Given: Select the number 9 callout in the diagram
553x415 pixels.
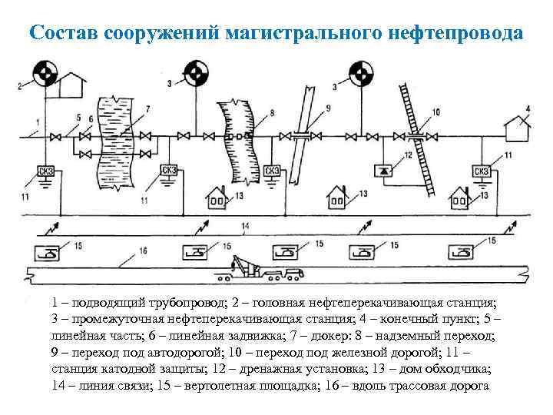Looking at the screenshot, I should [328, 108].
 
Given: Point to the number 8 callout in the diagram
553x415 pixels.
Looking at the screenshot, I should [272, 114].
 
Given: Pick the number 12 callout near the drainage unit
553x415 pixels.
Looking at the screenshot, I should [408, 154].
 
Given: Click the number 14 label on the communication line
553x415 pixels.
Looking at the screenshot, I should [245, 225].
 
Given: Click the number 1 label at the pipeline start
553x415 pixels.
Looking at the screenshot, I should [37, 121].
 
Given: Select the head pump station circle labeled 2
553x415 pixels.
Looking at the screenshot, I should [45, 75].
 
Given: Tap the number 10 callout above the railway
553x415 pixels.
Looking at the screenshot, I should [436, 112].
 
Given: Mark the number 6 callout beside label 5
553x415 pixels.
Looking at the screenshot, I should [91, 118].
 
